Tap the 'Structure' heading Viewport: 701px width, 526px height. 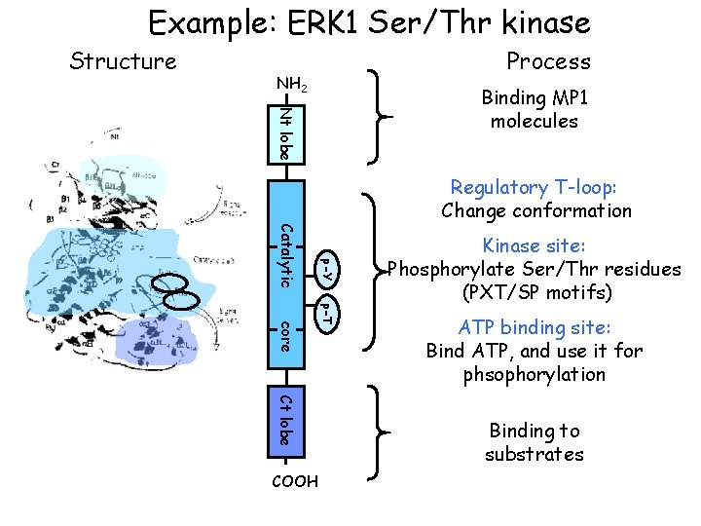(124, 61)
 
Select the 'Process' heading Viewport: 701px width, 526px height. (548, 60)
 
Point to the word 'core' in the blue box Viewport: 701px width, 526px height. (283, 335)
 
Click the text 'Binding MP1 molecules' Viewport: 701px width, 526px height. (535, 109)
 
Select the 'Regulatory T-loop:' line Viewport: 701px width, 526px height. (535, 187)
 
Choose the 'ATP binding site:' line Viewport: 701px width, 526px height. (534, 327)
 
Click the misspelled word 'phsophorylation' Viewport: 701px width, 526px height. (534, 374)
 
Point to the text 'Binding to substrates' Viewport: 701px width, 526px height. (534, 442)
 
